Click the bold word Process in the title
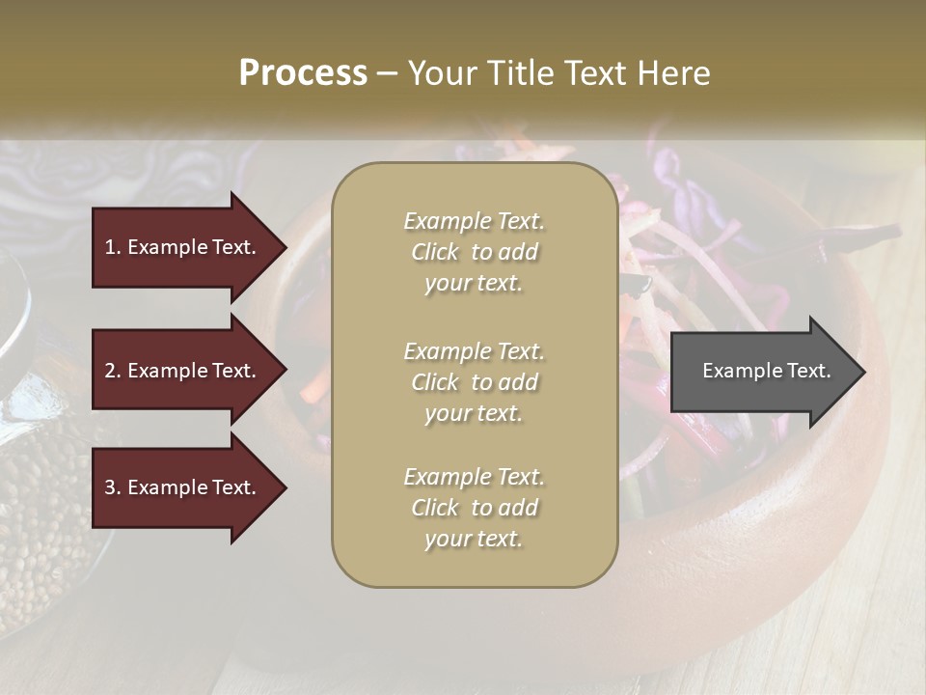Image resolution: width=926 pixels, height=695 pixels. coord(303,73)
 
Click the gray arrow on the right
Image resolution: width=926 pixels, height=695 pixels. coord(762,372)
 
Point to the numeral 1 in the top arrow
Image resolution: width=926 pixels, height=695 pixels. coord(110,247)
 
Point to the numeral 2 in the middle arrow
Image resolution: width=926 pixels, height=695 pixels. coord(110,371)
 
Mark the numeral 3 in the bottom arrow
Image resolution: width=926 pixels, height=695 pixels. coord(110,487)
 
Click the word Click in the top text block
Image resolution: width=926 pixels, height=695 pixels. coord(435,253)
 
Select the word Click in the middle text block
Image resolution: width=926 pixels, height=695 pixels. coord(435,382)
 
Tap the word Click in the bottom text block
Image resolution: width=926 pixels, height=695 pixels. coord(435,508)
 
